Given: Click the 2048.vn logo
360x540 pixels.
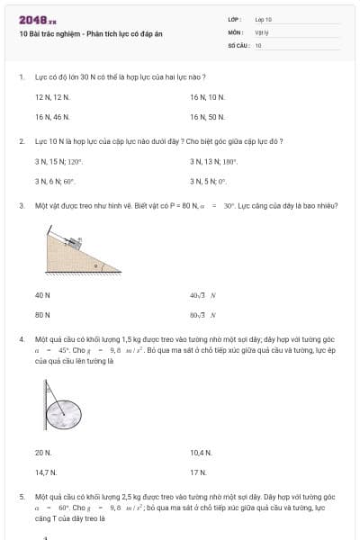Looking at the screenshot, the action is coord(37,20).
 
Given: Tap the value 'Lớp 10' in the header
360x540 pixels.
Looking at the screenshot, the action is coord(263,19).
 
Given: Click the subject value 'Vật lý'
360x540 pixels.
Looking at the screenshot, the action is coord(261,31).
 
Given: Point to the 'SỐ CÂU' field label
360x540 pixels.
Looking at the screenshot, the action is coord(237,44).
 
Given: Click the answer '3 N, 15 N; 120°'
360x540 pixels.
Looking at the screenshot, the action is coord(58,161).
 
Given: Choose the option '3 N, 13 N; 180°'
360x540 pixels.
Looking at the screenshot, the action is coord(214,161).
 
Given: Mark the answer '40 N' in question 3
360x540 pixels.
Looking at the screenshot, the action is coord(42,295).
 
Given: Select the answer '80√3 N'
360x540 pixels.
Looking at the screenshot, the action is coord(203,315).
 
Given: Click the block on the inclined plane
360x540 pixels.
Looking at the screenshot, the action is coord(76,241).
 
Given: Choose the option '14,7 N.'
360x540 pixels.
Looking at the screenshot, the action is coord(46,472).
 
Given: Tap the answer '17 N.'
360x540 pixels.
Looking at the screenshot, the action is coord(198,472).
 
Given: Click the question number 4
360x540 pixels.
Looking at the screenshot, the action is coord(22,339).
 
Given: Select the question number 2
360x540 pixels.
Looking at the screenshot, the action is coord(22,141).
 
